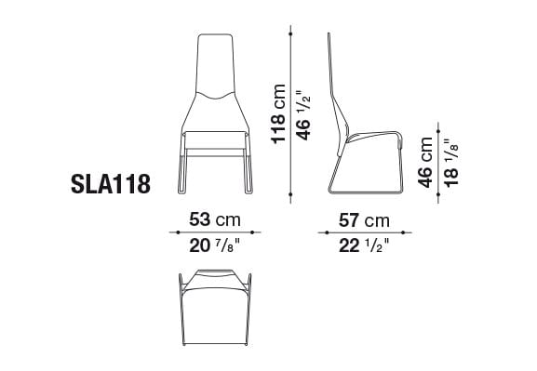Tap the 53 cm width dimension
point(214,220)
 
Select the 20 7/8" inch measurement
point(214,246)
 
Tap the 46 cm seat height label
point(426,163)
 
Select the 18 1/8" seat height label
point(451,163)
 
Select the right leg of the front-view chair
point(248,172)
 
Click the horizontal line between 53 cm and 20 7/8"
point(214,233)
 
